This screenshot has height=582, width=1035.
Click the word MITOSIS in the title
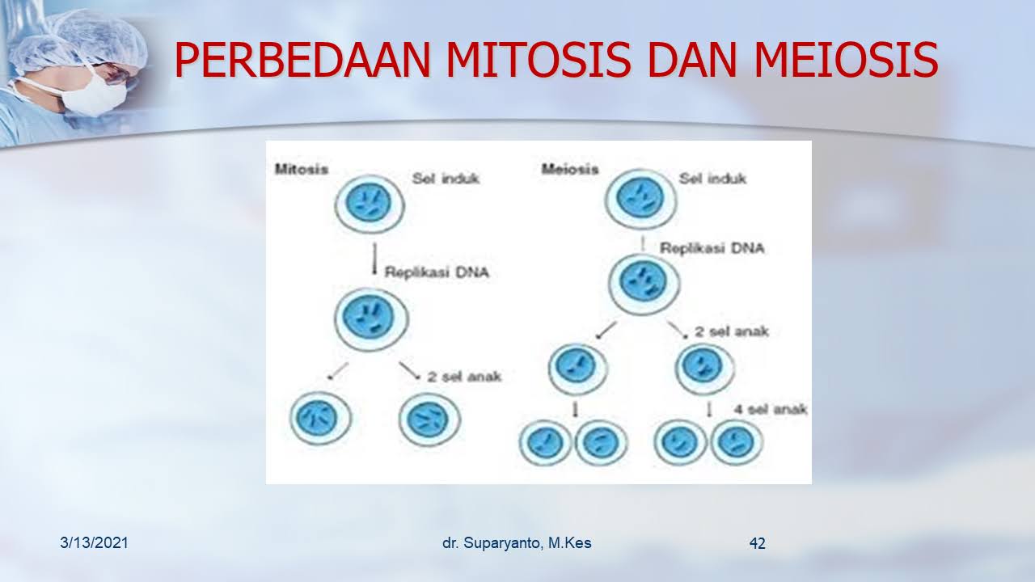539,60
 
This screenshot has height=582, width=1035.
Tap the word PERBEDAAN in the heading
302,60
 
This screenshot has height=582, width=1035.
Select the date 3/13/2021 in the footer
94,542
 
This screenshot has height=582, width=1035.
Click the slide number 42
758,543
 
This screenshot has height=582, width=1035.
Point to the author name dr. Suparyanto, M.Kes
517,543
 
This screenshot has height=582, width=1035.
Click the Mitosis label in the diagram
302,169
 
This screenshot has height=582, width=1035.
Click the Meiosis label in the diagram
570,169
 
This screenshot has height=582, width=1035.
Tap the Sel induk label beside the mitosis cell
446,179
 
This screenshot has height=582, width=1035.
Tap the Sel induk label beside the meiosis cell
712,179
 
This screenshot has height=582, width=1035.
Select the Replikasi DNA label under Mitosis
437,272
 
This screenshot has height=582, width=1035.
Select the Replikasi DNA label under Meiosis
712,248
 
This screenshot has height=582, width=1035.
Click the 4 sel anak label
771,409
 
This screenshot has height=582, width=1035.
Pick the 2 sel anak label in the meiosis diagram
732,331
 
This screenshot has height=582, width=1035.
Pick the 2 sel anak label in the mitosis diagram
464,377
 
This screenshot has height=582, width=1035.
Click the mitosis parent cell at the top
370,204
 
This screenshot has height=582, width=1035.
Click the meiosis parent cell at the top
640,199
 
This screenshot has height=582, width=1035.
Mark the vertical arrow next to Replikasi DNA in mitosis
374,259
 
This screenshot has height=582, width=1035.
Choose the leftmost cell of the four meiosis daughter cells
546,442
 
